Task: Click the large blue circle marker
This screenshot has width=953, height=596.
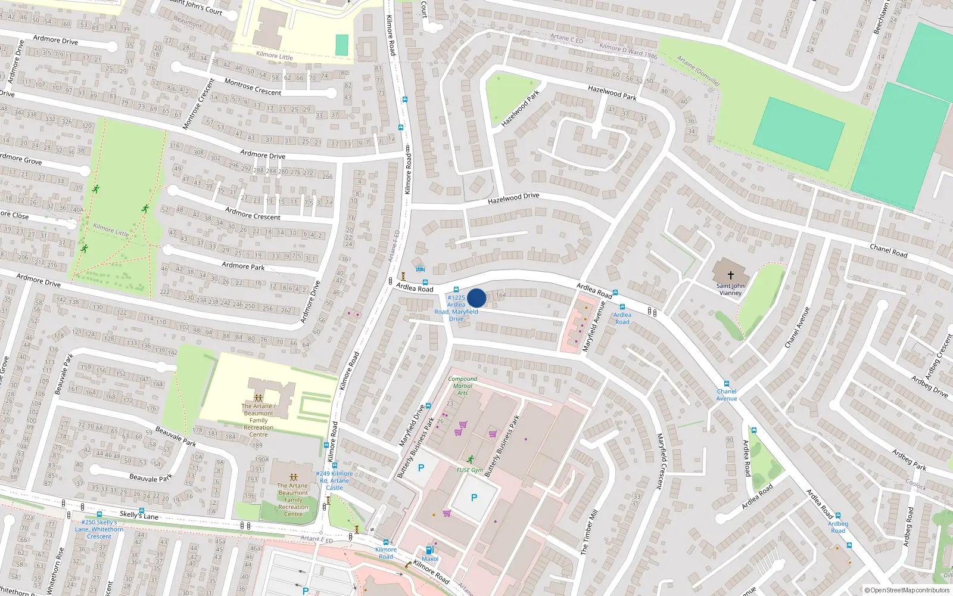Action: click(x=476, y=298)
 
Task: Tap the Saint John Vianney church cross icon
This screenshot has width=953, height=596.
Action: click(x=731, y=275)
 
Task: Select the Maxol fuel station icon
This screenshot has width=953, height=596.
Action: click(x=429, y=550)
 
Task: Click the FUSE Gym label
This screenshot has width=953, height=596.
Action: click(x=469, y=470)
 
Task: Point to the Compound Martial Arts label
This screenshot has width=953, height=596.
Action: click(x=463, y=386)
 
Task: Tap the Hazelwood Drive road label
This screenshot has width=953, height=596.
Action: click(x=513, y=197)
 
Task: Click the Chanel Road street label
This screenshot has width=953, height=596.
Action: click(x=888, y=251)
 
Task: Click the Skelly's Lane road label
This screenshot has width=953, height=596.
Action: click(x=139, y=515)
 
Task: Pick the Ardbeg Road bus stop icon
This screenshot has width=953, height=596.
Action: click(x=838, y=516)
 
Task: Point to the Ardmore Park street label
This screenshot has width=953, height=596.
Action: click(x=243, y=266)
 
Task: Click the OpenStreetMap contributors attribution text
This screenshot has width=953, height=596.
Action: click(x=907, y=590)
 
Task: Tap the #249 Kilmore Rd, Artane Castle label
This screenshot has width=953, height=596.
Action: click(x=334, y=480)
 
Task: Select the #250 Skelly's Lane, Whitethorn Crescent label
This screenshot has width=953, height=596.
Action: click(x=99, y=529)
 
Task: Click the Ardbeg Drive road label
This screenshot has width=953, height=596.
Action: click(x=929, y=386)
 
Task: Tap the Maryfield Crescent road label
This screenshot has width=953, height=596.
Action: click(x=660, y=461)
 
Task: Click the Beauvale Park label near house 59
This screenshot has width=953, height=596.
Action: click(x=176, y=436)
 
